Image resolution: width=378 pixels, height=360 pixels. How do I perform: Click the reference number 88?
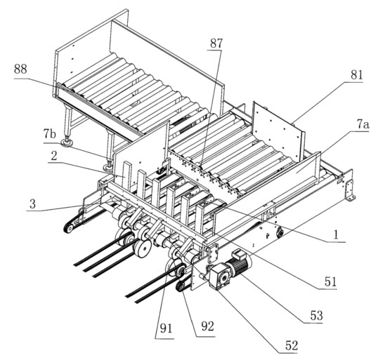coord(20,69)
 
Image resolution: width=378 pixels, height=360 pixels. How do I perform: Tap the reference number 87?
coord(216,44)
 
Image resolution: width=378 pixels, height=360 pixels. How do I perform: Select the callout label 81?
coord(356,75)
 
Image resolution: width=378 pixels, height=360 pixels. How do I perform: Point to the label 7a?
coord(363,124)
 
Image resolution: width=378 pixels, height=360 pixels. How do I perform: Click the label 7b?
coord(50,135)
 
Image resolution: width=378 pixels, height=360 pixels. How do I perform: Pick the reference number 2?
coord(54,156)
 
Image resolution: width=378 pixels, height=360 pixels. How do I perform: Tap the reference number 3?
coord(32,204)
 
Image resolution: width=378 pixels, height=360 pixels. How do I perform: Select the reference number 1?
coord(335,235)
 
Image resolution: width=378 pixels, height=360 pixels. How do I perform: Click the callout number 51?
coord(330,281)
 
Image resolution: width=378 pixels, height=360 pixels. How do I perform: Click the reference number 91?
coord(167,328)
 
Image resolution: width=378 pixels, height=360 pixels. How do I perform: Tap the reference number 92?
coord(207,326)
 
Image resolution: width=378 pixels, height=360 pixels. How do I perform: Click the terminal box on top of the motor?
coord(238,254)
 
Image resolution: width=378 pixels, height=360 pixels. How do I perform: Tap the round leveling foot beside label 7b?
coord(67,143)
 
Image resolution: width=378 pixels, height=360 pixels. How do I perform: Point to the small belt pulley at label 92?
coord(181,287)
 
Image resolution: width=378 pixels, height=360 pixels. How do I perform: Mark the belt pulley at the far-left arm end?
coord(69,228)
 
